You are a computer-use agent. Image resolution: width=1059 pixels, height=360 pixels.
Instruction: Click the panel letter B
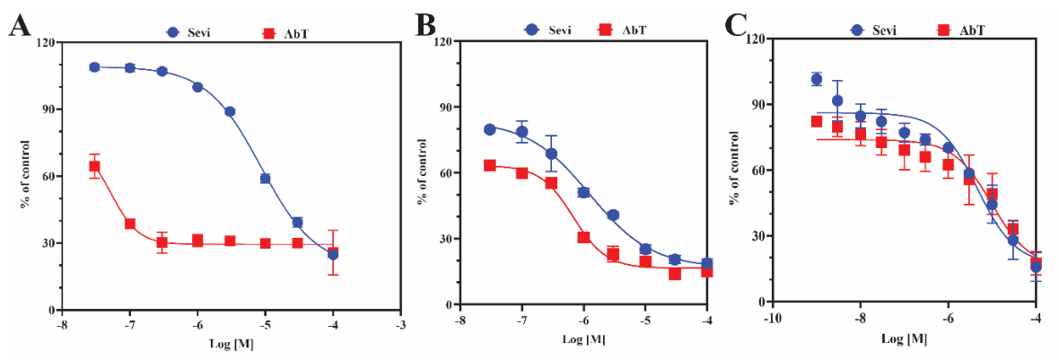click(x=426, y=28)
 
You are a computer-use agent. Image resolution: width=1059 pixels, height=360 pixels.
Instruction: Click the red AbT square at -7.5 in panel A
click(x=94, y=166)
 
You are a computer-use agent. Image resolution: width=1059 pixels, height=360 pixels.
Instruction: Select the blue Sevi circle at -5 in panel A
click(x=266, y=179)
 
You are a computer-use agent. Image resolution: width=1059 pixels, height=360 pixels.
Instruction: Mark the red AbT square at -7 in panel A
click(x=129, y=224)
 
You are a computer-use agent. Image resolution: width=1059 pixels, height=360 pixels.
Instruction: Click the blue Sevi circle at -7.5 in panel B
click(x=490, y=129)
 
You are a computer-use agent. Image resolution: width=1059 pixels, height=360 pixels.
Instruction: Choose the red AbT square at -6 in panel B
click(x=583, y=237)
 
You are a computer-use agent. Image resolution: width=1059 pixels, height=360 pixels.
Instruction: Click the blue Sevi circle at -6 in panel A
click(x=197, y=86)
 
